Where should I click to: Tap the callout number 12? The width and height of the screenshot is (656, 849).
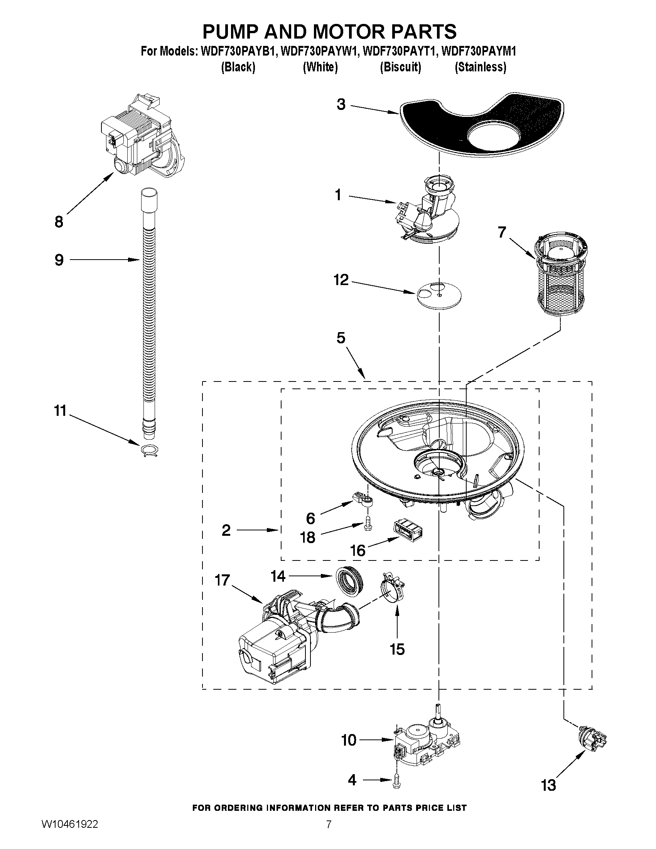point(341,280)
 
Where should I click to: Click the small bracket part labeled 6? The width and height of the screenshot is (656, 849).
point(363,500)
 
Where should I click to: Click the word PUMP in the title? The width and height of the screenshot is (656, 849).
point(231,32)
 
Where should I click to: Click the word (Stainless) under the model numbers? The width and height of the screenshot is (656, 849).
point(481,67)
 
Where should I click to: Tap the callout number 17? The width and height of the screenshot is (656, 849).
point(223,581)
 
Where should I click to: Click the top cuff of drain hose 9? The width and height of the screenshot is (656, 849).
point(149,199)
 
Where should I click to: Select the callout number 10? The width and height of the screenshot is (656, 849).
point(349,740)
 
